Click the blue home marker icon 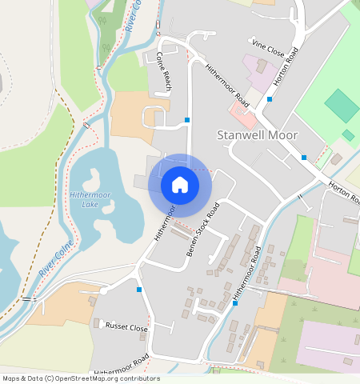(x=180, y=185)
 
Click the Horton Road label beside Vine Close (x=296, y=55)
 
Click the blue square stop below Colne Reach (x=187, y=120)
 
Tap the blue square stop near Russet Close (x=139, y=289)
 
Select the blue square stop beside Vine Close (x=270, y=99)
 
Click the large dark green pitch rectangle (x=342, y=106)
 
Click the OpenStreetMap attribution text (x=80, y=378)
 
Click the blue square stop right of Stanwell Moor (x=304, y=158)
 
